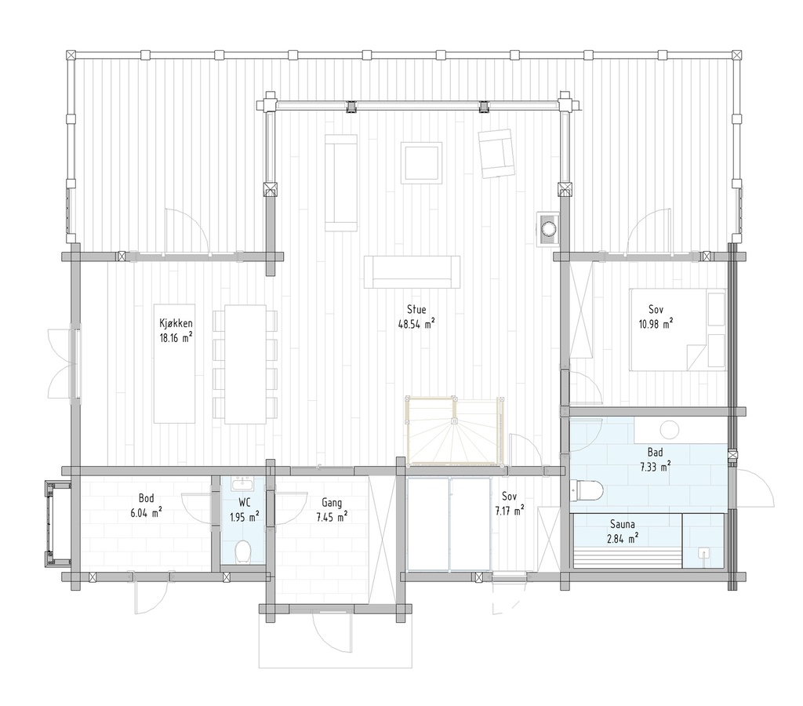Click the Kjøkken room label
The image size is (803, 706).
176,323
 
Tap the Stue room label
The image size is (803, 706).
416,309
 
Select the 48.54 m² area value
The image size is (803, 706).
416,323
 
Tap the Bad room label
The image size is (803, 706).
654,453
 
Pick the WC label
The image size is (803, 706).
244,504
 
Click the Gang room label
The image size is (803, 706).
331,502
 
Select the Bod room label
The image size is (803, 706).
146,497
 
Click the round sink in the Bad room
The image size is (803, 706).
670,429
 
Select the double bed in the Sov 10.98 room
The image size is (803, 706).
679,329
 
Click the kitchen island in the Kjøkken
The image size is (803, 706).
174,362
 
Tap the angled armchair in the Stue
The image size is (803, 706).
496,152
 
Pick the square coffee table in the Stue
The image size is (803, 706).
421,162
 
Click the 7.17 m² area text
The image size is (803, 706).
509,511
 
